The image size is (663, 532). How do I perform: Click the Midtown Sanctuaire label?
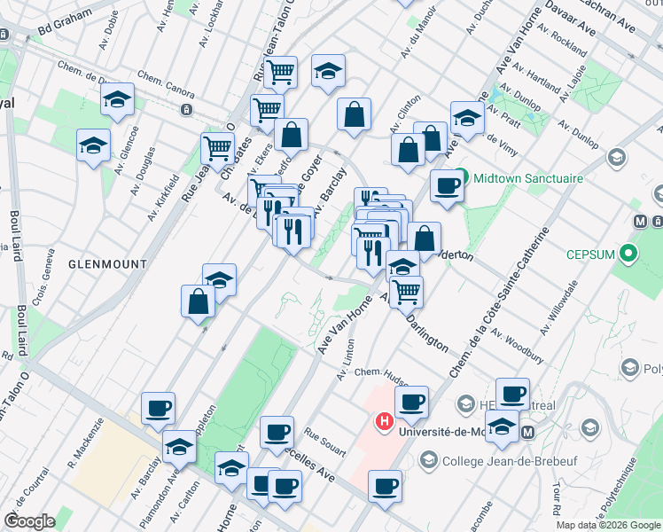click(528, 178)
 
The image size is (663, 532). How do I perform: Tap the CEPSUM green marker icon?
click(628, 255)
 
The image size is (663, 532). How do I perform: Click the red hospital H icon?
click(385, 421)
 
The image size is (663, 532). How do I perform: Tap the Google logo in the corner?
click(30, 521)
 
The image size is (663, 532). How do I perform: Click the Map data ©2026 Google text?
click(608, 525)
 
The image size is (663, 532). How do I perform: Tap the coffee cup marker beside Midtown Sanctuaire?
click(447, 186)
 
